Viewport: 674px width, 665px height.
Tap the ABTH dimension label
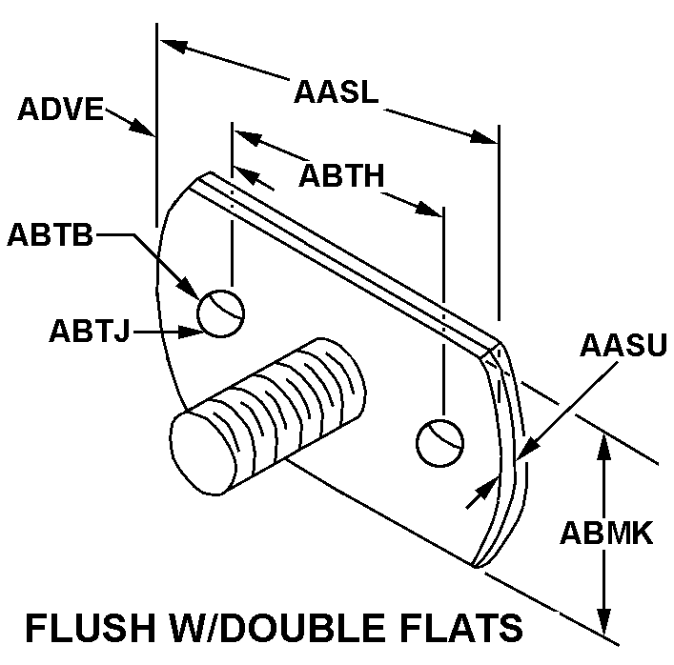(x=340, y=177)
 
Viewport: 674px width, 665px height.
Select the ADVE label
(x=60, y=110)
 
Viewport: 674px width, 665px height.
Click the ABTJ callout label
(x=89, y=332)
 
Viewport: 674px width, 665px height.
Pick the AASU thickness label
(x=623, y=346)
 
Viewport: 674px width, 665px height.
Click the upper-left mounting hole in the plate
(x=220, y=311)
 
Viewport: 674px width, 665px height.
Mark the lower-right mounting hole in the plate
(x=440, y=441)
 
